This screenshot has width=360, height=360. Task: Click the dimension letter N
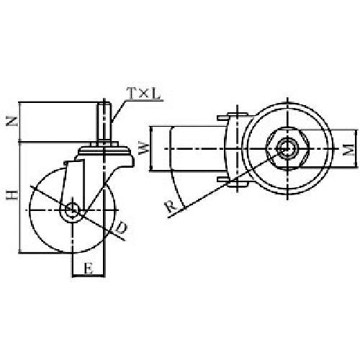[10, 122]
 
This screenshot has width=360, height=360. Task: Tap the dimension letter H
[10, 196]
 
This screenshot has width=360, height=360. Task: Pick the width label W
[143, 150]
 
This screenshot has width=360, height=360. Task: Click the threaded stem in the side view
[105, 122]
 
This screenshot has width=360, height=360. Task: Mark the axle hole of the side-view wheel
[73, 210]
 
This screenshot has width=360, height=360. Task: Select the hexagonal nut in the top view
[287, 149]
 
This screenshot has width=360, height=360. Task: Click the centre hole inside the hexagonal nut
[287, 149]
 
